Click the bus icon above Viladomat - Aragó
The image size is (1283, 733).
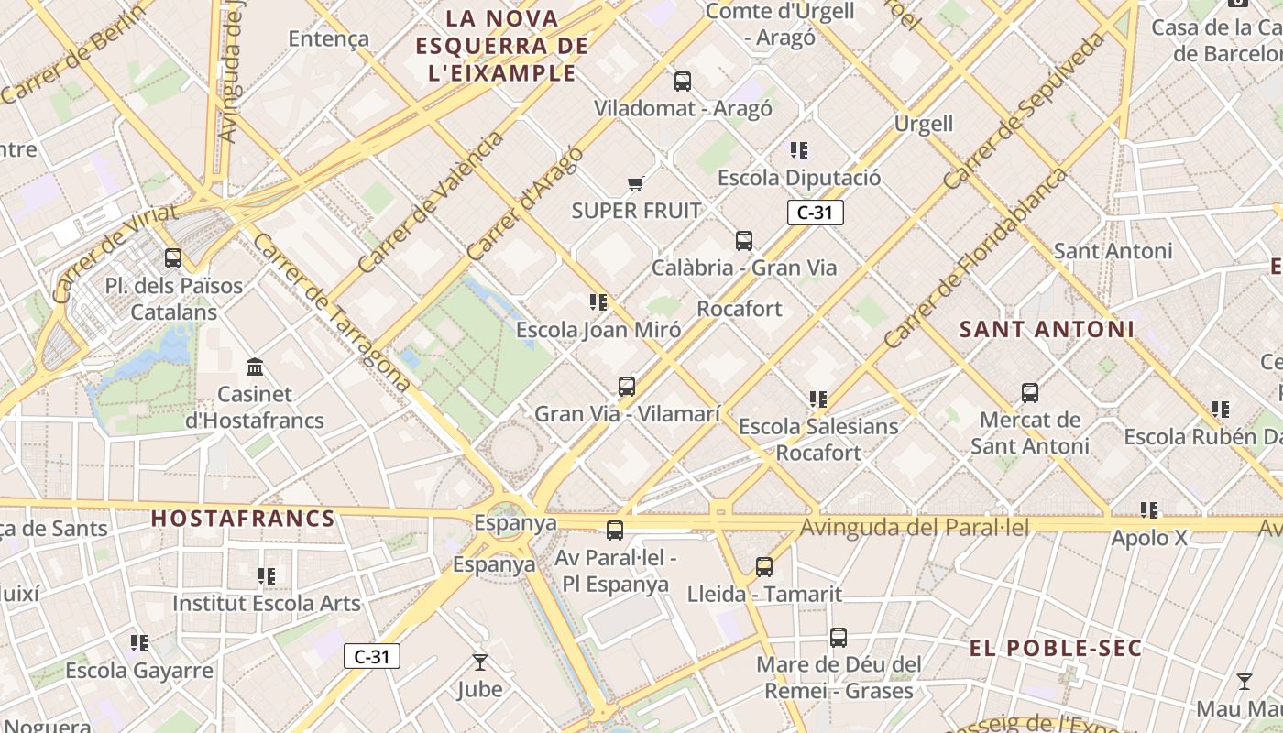pyautogui.click(x=683, y=82)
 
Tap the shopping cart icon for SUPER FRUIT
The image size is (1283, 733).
pyautogui.click(x=636, y=183)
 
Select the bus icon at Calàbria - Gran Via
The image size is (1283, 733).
pyautogui.click(x=744, y=241)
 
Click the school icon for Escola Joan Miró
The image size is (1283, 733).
pyautogui.click(x=599, y=302)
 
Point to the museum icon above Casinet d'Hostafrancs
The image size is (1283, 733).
pyautogui.click(x=256, y=367)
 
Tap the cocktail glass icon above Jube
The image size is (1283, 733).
pyautogui.click(x=479, y=662)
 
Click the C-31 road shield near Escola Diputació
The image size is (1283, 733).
pyautogui.click(x=815, y=213)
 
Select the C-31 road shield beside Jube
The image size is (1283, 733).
pyautogui.click(x=372, y=656)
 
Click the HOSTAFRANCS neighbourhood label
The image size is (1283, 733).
pyautogui.click(x=243, y=519)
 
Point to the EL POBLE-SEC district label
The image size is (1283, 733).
pyautogui.click(x=1056, y=649)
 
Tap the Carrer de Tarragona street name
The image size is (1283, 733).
pyautogui.click(x=331, y=312)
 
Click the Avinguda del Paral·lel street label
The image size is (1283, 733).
pyautogui.click(x=915, y=528)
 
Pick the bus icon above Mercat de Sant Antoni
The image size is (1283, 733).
pyautogui.click(x=1030, y=393)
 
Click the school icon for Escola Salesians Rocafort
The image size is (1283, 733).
pyautogui.click(x=818, y=399)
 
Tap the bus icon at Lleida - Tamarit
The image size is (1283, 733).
pyautogui.click(x=764, y=567)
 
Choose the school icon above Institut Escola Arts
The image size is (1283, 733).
pyautogui.click(x=267, y=576)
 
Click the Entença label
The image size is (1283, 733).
pyautogui.click(x=328, y=38)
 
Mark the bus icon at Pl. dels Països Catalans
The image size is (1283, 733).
pyautogui.click(x=173, y=258)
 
